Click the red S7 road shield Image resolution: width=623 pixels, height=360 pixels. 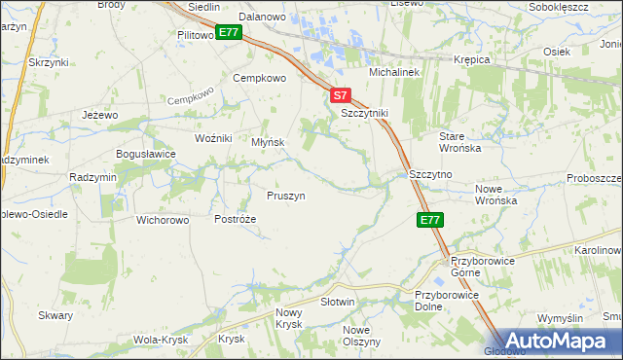[339, 96]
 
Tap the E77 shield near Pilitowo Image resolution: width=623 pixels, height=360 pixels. [229, 33]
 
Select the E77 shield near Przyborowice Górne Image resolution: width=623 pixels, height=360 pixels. [431, 221]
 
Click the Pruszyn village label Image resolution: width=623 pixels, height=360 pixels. [286, 196]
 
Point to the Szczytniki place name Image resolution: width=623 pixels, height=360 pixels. [364, 113]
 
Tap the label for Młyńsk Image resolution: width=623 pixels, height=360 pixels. [268, 141]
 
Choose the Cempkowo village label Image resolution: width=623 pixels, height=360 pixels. [258, 78]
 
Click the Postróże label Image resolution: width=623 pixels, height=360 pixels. [235, 219]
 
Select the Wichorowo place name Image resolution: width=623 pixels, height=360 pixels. [163, 219]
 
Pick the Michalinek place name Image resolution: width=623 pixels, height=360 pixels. [392, 73]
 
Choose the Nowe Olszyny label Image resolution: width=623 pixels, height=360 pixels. [361, 336]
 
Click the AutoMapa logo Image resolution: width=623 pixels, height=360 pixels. [554, 341]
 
